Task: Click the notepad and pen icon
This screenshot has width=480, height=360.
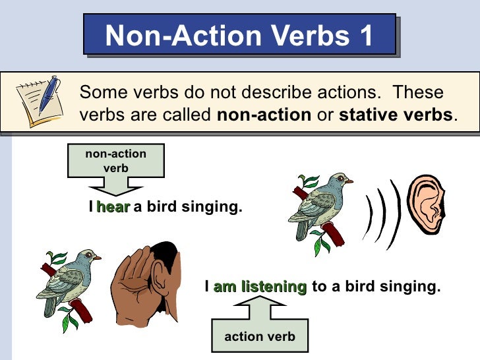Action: click(x=39, y=102)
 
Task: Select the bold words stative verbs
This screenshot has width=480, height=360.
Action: click(x=396, y=114)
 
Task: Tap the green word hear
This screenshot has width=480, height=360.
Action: click(x=113, y=208)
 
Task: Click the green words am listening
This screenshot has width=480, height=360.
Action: click(x=260, y=287)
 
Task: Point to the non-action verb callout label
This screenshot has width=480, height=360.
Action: click(x=116, y=161)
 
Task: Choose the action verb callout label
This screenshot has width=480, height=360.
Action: click(x=259, y=337)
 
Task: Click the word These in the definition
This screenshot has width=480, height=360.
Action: click(x=419, y=92)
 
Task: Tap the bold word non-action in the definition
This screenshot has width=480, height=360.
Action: click(x=264, y=114)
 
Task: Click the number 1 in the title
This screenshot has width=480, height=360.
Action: click(x=365, y=35)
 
